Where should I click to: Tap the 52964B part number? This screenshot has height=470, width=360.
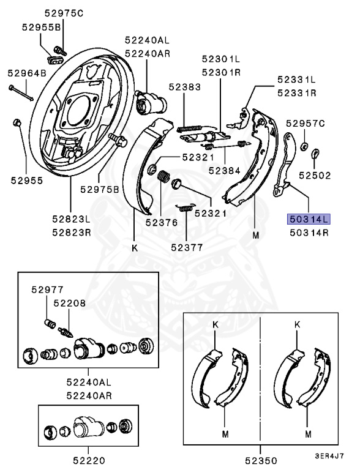click(x=27, y=73)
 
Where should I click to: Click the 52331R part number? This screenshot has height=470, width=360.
click(x=296, y=93)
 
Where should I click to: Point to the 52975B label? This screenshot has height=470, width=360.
click(x=99, y=188)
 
